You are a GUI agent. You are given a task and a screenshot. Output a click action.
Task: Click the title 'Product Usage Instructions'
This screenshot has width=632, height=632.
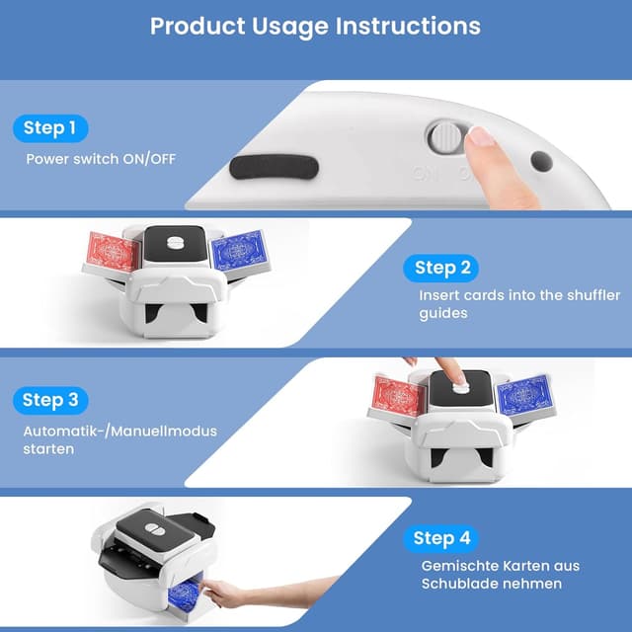coord(315,27)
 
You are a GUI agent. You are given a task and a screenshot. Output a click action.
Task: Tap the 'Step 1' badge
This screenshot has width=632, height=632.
coord(50,128)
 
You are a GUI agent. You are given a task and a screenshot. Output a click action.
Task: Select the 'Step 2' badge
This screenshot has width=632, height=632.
coord(441,268)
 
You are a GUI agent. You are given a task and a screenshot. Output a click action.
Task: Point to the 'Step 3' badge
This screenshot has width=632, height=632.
coord(50,400)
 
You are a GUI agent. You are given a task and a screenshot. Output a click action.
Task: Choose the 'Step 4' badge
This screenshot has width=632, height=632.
coord(441,538)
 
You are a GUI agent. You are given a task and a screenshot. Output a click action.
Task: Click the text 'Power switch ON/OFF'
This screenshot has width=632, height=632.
coord(101,159)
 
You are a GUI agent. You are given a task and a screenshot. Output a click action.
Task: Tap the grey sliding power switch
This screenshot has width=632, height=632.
coord(446,136)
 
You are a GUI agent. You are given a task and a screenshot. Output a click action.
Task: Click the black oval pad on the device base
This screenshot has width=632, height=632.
coord(275,167)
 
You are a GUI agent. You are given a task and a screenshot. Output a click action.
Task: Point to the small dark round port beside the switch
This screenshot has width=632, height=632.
coord(542,161)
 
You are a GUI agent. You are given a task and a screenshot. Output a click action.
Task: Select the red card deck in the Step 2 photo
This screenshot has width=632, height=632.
coord(113,252)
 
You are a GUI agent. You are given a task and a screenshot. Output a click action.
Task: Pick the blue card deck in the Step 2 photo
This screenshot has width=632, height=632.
coord(239,250)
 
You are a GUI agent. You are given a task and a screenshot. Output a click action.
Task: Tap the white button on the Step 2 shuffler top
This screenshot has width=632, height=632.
coord(176,243)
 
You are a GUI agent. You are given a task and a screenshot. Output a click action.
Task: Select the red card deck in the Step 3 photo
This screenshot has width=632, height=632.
coord(399,397)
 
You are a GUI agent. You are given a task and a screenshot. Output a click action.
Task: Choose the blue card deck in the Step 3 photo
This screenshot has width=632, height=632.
coord(524,394)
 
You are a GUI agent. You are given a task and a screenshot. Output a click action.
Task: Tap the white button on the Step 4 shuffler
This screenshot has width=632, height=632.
coord(154,529)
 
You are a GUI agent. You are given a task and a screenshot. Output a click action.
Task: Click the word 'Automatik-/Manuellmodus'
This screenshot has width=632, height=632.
coord(120,432)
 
